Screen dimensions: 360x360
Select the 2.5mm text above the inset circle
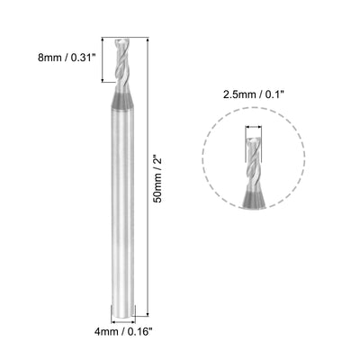point(238,94)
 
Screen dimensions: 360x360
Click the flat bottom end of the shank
point(123,315)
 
